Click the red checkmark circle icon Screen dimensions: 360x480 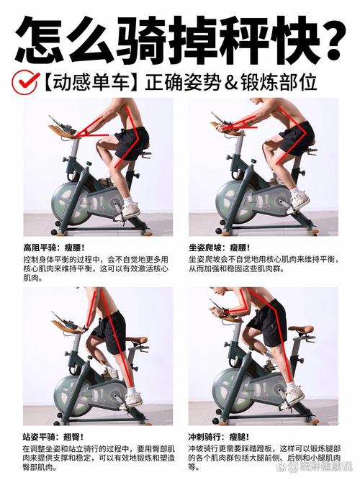point(25,82)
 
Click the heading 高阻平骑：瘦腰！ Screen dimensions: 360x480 point(54,248)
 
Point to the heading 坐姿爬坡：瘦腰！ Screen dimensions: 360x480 point(220,248)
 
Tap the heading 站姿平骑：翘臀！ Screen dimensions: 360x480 point(53,437)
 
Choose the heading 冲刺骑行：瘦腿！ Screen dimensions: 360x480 point(219,437)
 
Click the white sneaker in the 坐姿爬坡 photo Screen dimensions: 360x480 point(298,201)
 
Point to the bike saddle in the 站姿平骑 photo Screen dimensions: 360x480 point(137,340)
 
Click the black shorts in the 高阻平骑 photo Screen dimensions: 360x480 point(132,143)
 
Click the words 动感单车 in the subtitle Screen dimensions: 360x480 point(91,83)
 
